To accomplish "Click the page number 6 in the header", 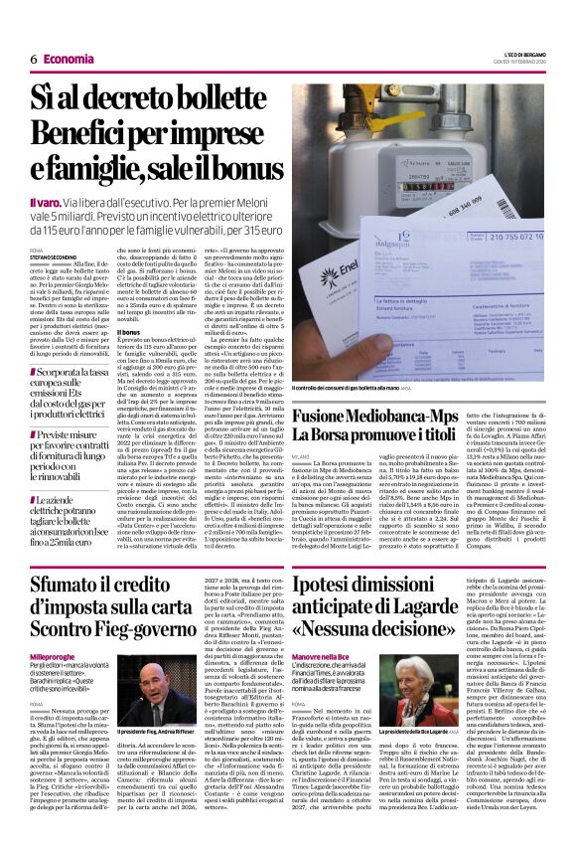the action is click(34, 59).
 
